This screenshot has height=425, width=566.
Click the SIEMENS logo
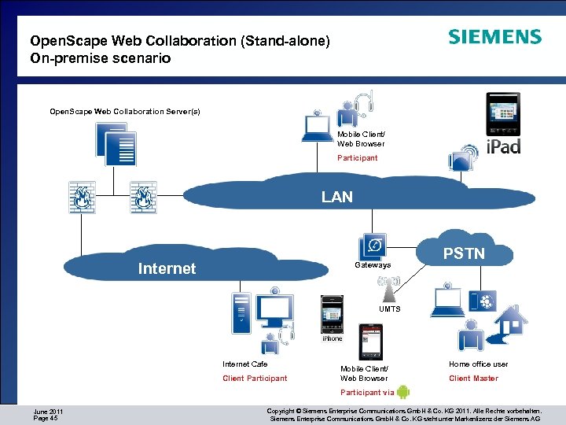point(494,37)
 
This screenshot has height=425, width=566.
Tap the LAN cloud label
point(336,197)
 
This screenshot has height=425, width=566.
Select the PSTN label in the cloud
point(464,253)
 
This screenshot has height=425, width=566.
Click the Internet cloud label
point(167,268)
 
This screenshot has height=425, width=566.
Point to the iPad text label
point(503,146)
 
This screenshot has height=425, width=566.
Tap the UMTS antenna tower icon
point(390,289)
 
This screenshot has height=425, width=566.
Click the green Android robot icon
point(403,392)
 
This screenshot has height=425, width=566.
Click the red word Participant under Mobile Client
point(358,158)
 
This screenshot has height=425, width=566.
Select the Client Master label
point(473,379)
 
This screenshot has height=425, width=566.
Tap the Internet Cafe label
point(245,364)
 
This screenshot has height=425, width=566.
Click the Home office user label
point(478,364)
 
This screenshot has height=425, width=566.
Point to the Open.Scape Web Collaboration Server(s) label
point(125,112)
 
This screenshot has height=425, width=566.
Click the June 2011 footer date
point(49,412)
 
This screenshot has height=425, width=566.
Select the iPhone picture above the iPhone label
point(333,314)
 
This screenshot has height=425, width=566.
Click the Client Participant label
point(255,379)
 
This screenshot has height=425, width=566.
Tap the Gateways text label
point(373,265)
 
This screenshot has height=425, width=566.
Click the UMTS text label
point(390,309)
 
